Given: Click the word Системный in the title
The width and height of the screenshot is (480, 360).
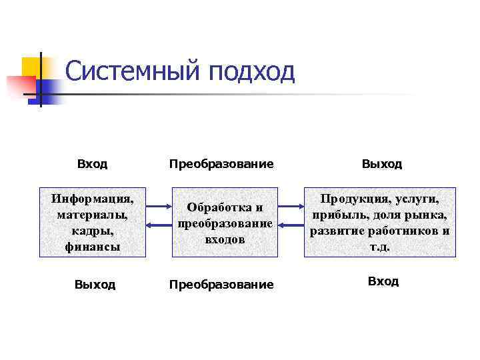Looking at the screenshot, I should tap(133, 71).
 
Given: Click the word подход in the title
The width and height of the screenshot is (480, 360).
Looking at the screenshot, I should tap(251, 71).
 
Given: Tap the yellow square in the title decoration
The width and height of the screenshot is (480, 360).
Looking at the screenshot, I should tap(33, 67).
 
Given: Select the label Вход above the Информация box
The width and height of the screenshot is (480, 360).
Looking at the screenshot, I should tap(92, 164).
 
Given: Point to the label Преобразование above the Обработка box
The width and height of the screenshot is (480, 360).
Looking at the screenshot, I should tap(221, 164).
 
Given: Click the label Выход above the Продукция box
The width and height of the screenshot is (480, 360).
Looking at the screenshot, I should tap(382, 164).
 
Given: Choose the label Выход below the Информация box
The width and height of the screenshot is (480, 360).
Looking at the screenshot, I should tap(95, 285).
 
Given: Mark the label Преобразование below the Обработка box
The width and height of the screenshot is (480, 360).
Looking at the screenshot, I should tap(221, 285).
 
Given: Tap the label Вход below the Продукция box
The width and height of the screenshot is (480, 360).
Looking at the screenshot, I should tap(383, 281).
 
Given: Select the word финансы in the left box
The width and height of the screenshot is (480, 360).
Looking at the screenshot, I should tap(93, 246).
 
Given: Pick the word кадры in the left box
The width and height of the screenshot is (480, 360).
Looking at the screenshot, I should tap(93, 230).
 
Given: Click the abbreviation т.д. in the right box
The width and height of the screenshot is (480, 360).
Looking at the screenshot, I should tap(379, 246).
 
